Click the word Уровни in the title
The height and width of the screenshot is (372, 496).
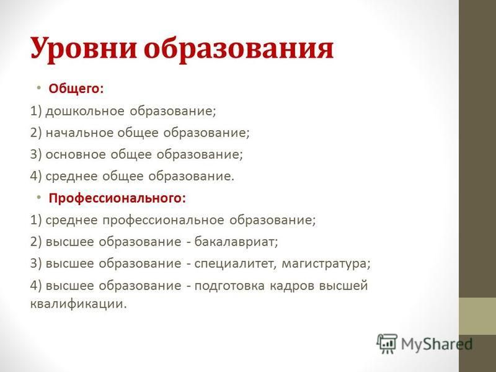coord(84,49)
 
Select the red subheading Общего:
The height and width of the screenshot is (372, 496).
coord(76,89)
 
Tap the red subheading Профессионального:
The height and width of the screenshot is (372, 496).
coord(117,198)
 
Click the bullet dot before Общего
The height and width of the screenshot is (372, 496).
coord(38,87)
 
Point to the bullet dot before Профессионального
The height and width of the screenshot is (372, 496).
coord(38,197)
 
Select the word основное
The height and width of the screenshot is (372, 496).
coord(76,154)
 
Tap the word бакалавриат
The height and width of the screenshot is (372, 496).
coord(236,242)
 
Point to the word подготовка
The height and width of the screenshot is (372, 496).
coord(229,286)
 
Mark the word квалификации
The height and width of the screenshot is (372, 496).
coord(79,304)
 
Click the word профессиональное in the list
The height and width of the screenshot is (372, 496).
coord(163,220)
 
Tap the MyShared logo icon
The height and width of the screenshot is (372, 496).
coord(386,343)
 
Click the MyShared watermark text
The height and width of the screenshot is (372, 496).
coord(437,344)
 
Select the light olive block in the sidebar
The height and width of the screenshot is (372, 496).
coord(477,316)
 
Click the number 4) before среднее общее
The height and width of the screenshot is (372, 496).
coord(36,176)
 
